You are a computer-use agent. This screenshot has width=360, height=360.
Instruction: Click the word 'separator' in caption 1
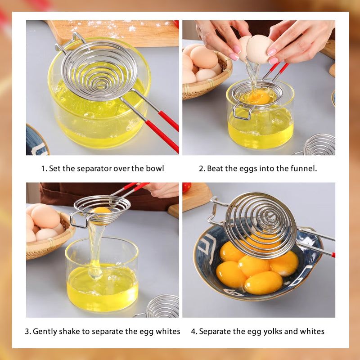94,169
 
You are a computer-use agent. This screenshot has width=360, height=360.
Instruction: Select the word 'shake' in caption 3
69,331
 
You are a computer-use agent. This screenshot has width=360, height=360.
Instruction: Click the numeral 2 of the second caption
202,168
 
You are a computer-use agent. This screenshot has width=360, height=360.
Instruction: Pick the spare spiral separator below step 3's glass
158,307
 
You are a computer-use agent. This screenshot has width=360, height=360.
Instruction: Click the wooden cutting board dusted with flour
112,32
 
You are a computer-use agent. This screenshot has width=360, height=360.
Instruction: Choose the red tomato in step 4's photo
186,188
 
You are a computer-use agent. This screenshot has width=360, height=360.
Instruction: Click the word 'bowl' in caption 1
155,168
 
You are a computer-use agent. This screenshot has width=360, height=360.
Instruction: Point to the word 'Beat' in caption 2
215,168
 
